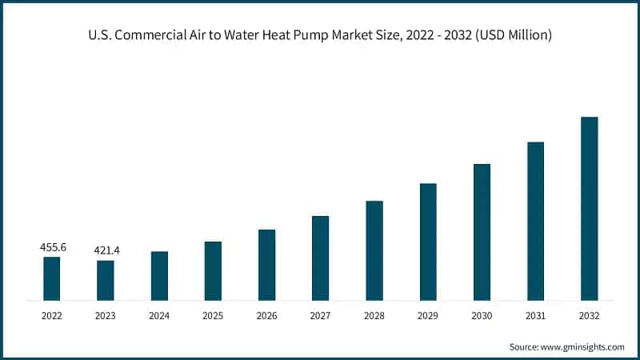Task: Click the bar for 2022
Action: coord(52,278)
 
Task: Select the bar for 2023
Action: coord(106,280)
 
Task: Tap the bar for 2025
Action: coord(213,270)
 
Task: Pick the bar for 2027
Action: coord(320,258)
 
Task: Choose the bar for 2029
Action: coord(428,242)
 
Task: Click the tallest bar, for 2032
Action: coord(589,208)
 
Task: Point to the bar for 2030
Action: coord(482,232)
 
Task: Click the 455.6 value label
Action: coord(53,248)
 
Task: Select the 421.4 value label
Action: coord(106,251)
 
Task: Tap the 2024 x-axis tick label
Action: coord(159,316)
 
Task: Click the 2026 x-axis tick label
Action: coord(266,316)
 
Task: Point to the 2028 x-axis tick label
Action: coord(374,316)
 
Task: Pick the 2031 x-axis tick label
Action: coord(535,316)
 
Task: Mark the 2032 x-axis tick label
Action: coord(589,316)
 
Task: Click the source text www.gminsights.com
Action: coord(583,347)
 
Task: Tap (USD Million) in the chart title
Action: coord(512,35)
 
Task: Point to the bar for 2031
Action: coord(535,221)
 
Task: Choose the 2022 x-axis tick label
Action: coord(52,316)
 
